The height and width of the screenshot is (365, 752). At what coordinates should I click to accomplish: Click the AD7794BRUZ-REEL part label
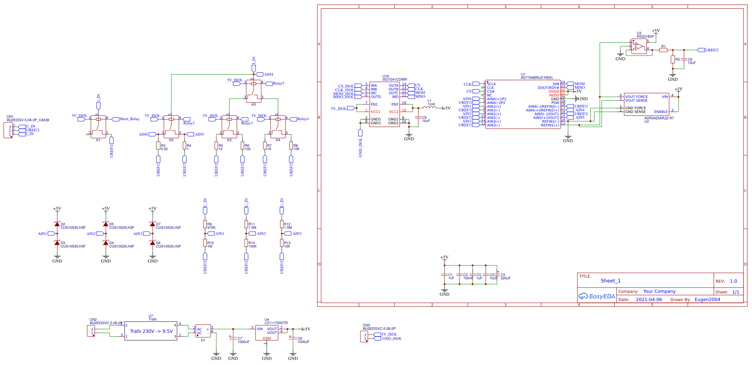point(537,78)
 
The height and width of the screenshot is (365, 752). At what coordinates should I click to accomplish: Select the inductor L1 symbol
point(430,108)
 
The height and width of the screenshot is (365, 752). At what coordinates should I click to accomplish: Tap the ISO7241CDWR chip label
point(394,79)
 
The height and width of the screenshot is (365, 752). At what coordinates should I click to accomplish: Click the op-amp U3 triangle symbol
point(639,47)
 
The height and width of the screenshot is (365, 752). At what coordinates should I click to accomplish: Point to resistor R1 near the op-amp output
point(663,50)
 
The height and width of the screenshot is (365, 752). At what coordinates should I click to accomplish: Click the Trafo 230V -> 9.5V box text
point(151,331)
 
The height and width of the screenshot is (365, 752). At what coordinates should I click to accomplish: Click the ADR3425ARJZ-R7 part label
point(659,118)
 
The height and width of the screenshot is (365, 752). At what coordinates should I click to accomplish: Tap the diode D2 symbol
point(57,224)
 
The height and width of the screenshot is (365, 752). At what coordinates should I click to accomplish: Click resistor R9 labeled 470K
point(205,224)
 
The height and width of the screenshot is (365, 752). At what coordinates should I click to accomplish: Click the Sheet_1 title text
point(611,281)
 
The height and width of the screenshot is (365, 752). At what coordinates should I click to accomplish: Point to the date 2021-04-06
point(649,299)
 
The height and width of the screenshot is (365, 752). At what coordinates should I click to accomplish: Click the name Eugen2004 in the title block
point(707,299)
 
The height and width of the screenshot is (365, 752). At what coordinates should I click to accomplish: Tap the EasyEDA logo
point(596,296)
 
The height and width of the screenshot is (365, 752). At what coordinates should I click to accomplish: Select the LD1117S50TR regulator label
point(276,323)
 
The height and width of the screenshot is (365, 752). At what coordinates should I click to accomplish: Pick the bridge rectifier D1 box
point(203,331)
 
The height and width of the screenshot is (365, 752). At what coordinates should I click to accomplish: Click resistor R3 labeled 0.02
point(158,146)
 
